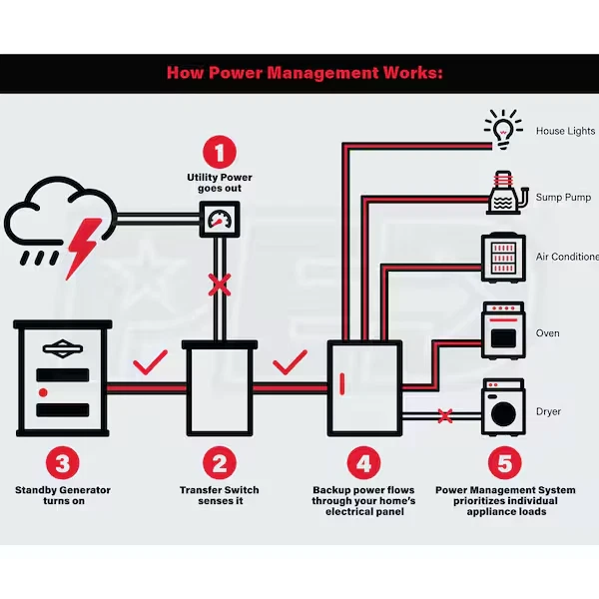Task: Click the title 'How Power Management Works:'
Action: pos(299,73)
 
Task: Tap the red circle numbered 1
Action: pos(221,153)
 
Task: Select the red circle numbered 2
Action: pos(220,462)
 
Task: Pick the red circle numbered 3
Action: pos(63,462)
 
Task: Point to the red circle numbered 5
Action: pos(506,462)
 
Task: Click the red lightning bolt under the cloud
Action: pos(79,246)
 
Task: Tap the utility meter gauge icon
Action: pos(220,218)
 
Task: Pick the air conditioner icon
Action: pos(504,256)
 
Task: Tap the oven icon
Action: pos(504,331)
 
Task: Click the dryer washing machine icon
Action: pos(504,407)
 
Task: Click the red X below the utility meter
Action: pos(220,287)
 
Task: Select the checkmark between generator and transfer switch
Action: pos(147,361)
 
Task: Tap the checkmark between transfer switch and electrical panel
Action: pos(291,361)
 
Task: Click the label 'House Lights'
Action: pos(565,131)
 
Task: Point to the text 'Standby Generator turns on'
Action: pos(63,496)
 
